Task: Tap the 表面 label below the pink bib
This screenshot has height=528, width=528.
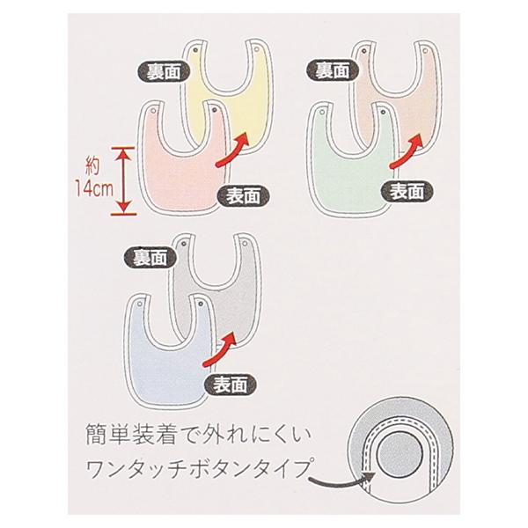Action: [x=240, y=193]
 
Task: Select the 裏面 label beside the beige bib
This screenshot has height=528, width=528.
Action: [x=331, y=67]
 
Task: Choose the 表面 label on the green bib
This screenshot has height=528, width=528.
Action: [x=405, y=190]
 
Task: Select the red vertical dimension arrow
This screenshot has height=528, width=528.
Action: [x=123, y=180]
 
